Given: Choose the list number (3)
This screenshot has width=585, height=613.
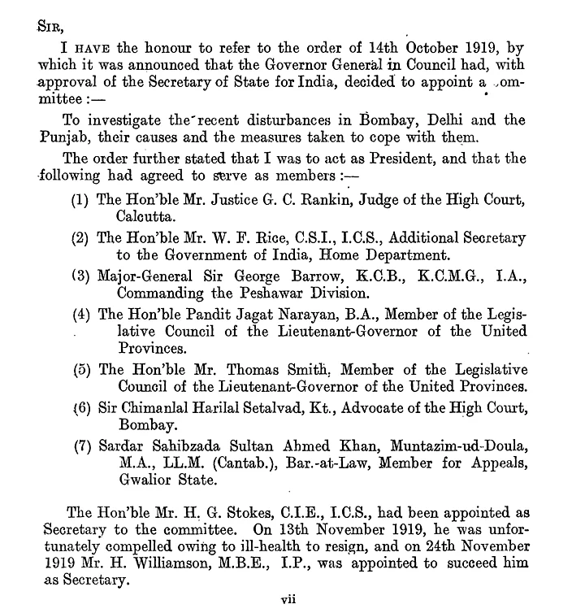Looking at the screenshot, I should tap(80, 276).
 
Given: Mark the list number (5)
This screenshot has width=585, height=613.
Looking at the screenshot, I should tap(80, 368).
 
